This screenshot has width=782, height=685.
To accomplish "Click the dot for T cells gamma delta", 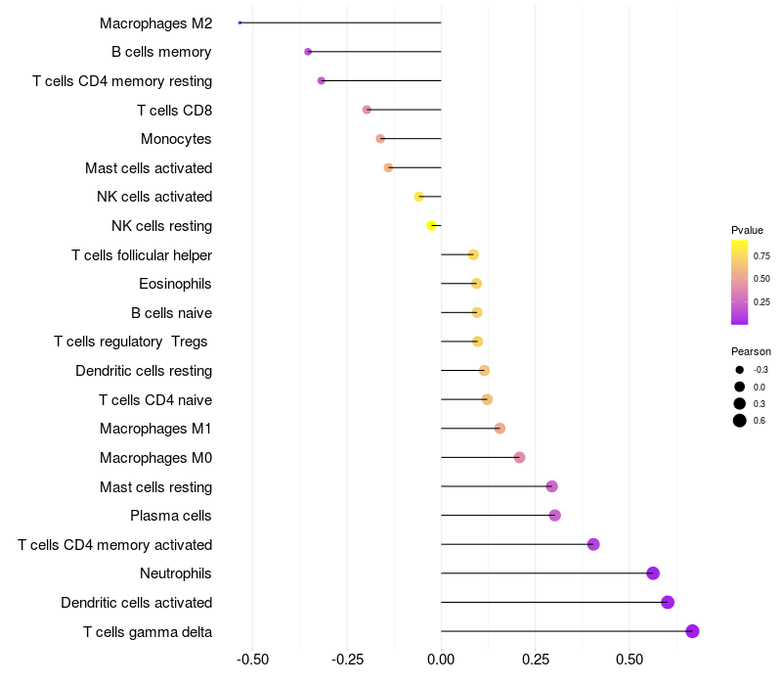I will (x=692, y=631).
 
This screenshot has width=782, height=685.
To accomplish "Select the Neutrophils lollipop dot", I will (x=653, y=573).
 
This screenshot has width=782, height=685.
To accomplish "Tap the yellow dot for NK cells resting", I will (x=431, y=226).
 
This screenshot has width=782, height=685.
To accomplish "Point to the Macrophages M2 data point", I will (x=239, y=23).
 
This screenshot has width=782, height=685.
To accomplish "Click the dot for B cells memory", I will (x=308, y=52).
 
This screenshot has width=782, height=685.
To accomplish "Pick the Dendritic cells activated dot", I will (x=668, y=602).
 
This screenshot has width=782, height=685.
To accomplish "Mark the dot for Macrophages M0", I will (x=519, y=458).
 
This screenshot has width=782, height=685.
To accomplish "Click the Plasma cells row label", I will (x=171, y=516).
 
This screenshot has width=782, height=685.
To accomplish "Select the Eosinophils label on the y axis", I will (x=176, y=284).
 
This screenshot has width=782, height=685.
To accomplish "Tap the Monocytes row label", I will (x=176, y=139).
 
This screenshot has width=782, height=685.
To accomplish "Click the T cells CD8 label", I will (x=174, y=110).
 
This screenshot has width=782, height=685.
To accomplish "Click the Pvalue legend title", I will (x=747, y=230).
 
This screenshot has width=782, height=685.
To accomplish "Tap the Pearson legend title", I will (x=751, y=351).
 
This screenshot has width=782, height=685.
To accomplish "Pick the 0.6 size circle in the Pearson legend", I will (x=740, y=421).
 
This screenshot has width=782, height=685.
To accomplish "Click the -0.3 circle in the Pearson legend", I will (x=740, y=370).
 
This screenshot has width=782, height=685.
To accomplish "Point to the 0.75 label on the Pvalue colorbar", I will (x=761, y=256).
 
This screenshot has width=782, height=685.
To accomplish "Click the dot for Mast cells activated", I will (x=388, y=167).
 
